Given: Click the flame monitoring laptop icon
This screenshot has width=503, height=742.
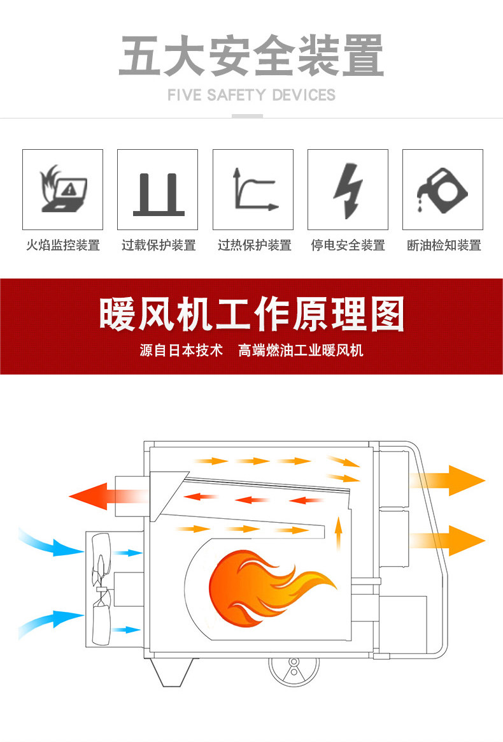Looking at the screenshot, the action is coord(62,189).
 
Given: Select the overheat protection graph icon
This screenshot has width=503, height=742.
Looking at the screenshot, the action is coord(253,189).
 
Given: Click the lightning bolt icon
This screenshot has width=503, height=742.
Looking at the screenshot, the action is coord(348,190).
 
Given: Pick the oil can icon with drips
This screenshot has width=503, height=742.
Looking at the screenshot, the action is coord(443,190).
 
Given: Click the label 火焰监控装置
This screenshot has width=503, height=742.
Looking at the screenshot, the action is coord(62,245).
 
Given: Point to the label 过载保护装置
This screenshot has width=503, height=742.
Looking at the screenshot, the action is coord(158,245).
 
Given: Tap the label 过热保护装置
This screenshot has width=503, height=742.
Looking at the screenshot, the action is coord(254,245).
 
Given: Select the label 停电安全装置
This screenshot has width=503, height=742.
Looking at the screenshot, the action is coord(348,245).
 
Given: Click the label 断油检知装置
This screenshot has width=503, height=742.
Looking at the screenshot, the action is coord(443,245).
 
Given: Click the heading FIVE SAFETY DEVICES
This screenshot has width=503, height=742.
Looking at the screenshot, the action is coord(251,96).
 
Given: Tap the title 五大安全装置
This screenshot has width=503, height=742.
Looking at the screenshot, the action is coord(251,56).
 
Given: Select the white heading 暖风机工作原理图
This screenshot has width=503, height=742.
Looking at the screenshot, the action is coord(251,314).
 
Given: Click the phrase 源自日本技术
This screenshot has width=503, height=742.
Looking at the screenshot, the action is coord(181,350).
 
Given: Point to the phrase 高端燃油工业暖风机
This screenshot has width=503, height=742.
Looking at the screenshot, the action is coord(301,350).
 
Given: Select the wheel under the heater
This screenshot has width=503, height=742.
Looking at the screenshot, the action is coord(294,669).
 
